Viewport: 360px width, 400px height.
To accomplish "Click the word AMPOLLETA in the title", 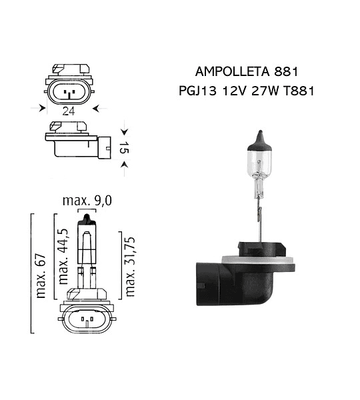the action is (232, 72).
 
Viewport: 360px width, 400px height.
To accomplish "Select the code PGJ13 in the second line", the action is (198, 91).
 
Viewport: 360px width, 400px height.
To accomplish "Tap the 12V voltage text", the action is (234, 91).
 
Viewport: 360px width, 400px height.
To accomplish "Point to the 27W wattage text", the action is (265, 91).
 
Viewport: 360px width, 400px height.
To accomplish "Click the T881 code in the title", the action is (298, 91).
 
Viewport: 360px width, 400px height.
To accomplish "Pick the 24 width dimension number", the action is (69, 111).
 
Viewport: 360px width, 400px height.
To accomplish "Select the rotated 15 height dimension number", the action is (124, 148).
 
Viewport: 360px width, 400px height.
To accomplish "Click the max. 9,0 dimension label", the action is (87, 201).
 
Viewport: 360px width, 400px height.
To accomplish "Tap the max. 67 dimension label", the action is (41, 276).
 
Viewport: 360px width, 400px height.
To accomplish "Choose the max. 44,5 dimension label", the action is (63, 257).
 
